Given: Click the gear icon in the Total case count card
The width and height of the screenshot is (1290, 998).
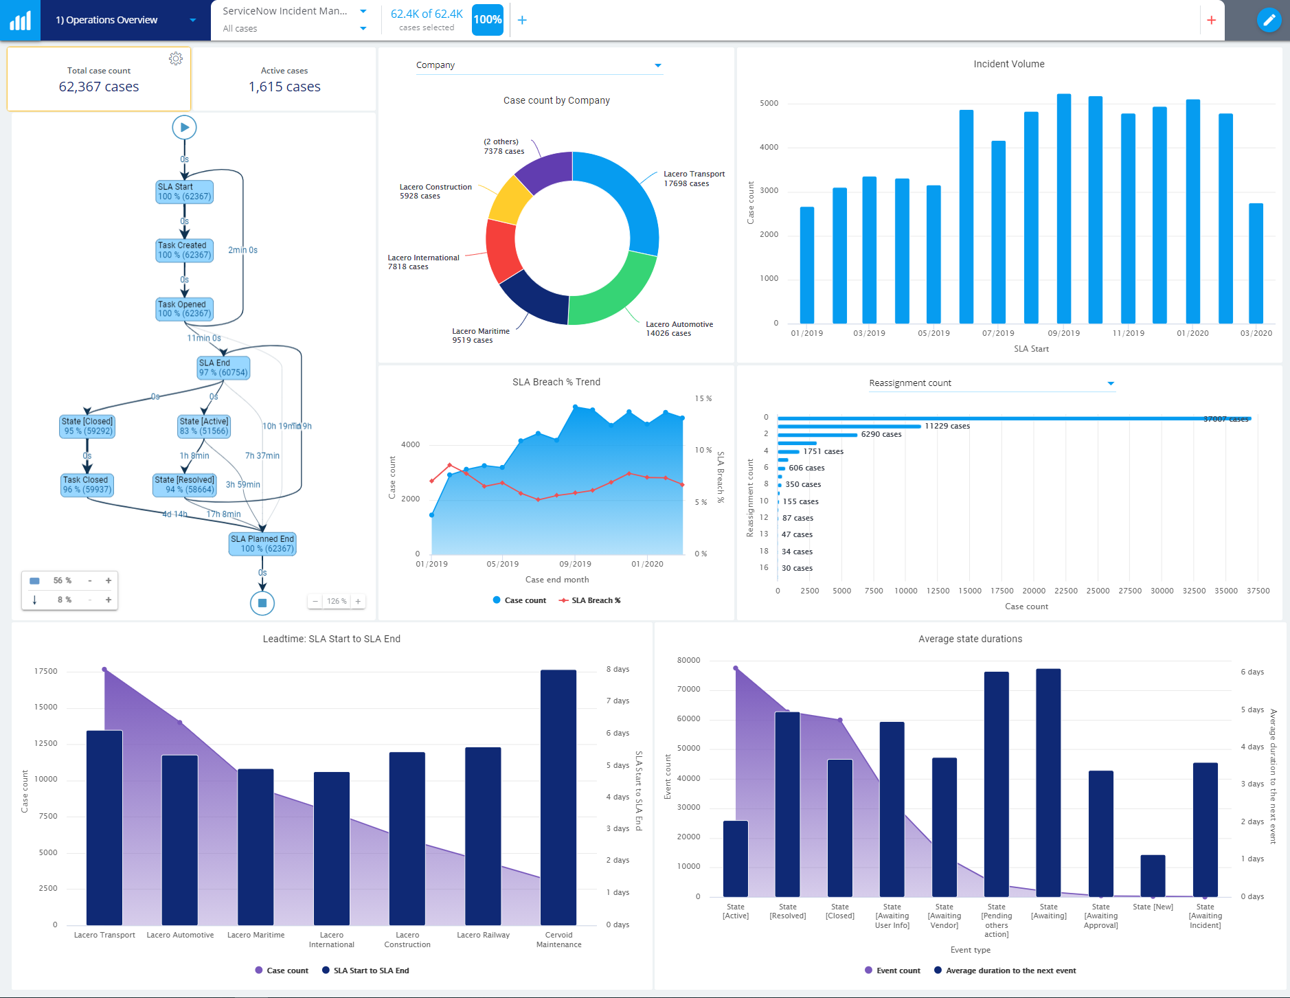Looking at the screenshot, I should tap(176, 59).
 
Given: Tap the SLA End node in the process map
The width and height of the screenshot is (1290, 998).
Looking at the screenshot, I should tap(223, 367).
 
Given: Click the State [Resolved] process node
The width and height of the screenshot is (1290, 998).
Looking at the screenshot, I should tap(184, 485).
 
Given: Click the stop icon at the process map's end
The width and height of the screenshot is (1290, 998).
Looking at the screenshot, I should tap(262, 603).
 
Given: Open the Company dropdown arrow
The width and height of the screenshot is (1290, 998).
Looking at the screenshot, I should tap(657, 65).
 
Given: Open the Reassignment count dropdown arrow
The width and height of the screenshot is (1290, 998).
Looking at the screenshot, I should tap(1110, 383).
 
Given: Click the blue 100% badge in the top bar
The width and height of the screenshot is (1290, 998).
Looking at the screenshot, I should tap(488, 20).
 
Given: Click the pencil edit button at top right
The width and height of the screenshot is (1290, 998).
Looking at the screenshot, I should tap(1269, 20).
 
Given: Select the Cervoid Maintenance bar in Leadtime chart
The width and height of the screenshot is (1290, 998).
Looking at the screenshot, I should tap(558, 797).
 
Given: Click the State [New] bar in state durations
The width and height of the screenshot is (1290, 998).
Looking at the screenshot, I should tap(1153, 876).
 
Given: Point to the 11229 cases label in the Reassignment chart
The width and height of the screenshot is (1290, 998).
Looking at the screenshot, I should tap(947, 426).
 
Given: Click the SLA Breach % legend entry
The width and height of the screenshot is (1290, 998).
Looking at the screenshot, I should tap(590, 600).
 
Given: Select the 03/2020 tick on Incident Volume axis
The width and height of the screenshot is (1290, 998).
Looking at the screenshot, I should tap(1256, 333).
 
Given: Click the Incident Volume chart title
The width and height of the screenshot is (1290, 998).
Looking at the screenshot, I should tap(1008, 64).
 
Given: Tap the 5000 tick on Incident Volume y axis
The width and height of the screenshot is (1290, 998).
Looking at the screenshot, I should tap(769, 103).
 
